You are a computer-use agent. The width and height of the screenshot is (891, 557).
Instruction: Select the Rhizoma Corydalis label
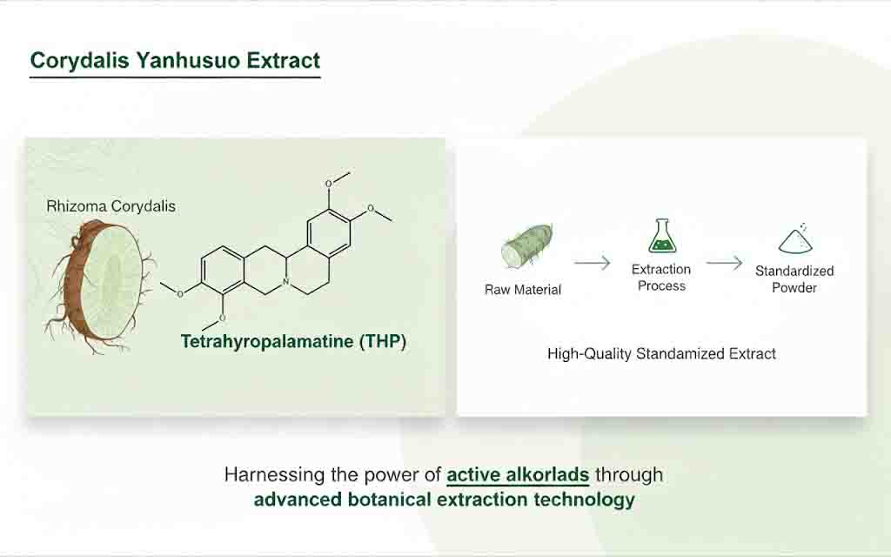pos(111,205)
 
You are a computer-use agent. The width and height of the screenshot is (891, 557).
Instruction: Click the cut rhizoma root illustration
pos(99,285)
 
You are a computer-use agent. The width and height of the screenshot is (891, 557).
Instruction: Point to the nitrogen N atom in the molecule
pos(285,282)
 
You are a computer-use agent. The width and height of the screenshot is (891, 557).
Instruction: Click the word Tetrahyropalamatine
pos(267,341)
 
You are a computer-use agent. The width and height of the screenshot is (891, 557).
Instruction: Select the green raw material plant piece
pos(526,246)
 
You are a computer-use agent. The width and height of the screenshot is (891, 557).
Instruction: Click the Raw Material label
pos(523,290)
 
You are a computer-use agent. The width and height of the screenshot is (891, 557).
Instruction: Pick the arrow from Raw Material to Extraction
pos(592,263)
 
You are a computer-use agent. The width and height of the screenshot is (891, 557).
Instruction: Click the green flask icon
pos(662,236)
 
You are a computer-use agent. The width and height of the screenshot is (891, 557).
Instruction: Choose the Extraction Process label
pos(661,278)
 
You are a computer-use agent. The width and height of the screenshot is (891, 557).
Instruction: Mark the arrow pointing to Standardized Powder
pos(725,263)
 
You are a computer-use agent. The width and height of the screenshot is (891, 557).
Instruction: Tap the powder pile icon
pos(795,238)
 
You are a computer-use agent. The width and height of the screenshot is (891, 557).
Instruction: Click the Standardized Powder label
pos(794,279)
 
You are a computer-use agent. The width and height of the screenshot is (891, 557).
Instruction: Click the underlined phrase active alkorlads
pos(518,474)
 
